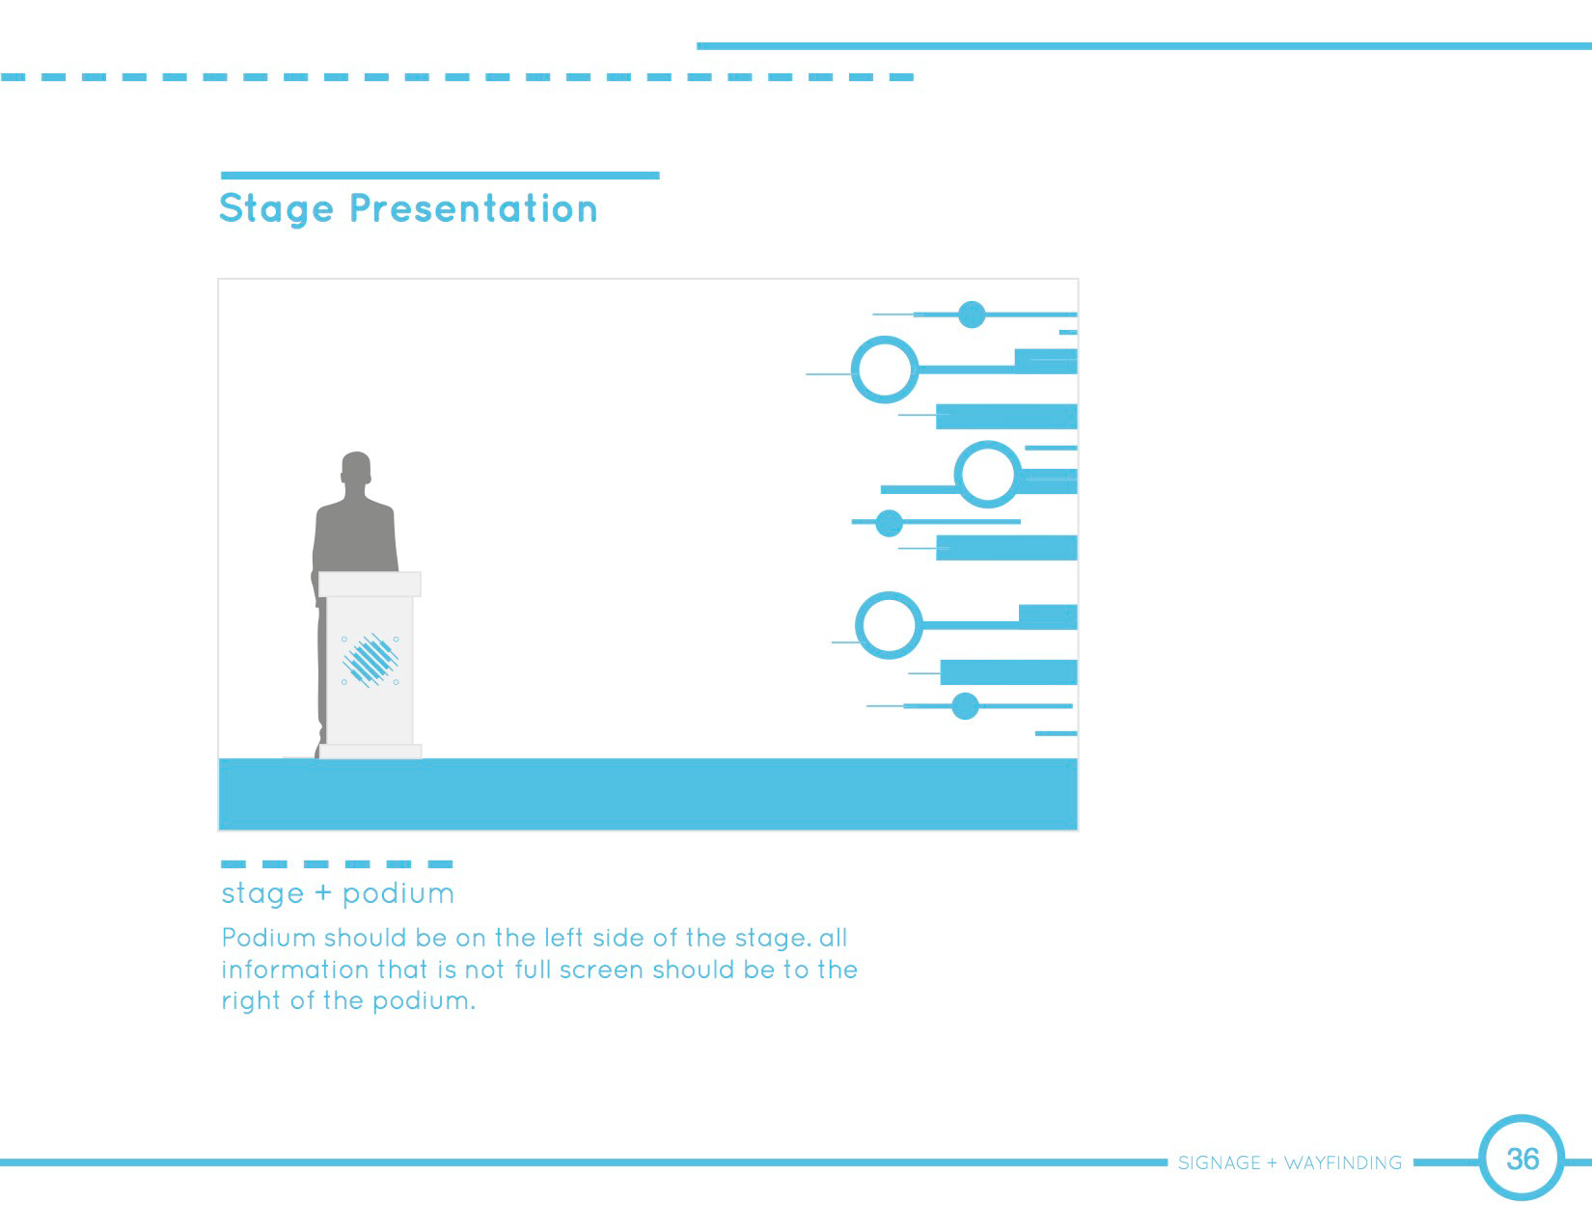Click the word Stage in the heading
(x=277, y=209)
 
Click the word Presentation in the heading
(x=474, y=208)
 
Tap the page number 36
(x=1523, y=1159)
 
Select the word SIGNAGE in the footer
(x=1220, y=1162)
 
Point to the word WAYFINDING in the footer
(x=1343, y=1162)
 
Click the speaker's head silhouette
(x=356, y=468)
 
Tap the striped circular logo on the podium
(x=370, y=660)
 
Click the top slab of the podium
(x=370, y=584)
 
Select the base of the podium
(x=370, y=751)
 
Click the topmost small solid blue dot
(x=972, y=314)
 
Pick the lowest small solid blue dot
(x=965, y=706)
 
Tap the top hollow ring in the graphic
(x=853, y=369)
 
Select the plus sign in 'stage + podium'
(x=322, y=893)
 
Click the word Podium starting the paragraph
(x=268, y=938)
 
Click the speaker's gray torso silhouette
(x=356, y=533)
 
